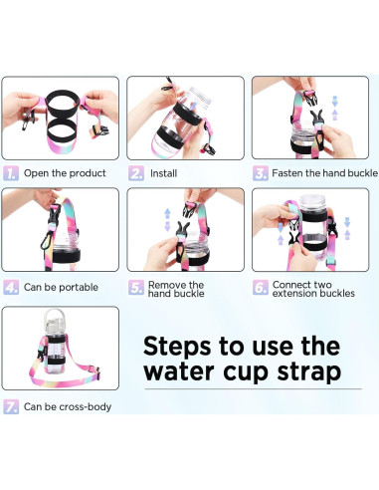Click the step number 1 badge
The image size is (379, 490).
click(x=11, y=173)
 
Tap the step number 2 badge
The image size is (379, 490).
click(x=136, y=173)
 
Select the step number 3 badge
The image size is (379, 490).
click(x=261, y=173)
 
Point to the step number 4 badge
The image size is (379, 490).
click(x=11, y=287)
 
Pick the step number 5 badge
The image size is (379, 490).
click(x=136, y=288)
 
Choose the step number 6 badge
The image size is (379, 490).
click(x=261, y=288)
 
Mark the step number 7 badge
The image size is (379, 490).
click(x=11, y=406)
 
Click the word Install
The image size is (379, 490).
click(x=163, y=173)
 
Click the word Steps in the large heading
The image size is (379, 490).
click(x=177, y=347)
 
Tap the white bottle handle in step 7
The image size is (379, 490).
click(x=53, y=315)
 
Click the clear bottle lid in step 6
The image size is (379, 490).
click(x=312, y=202)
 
